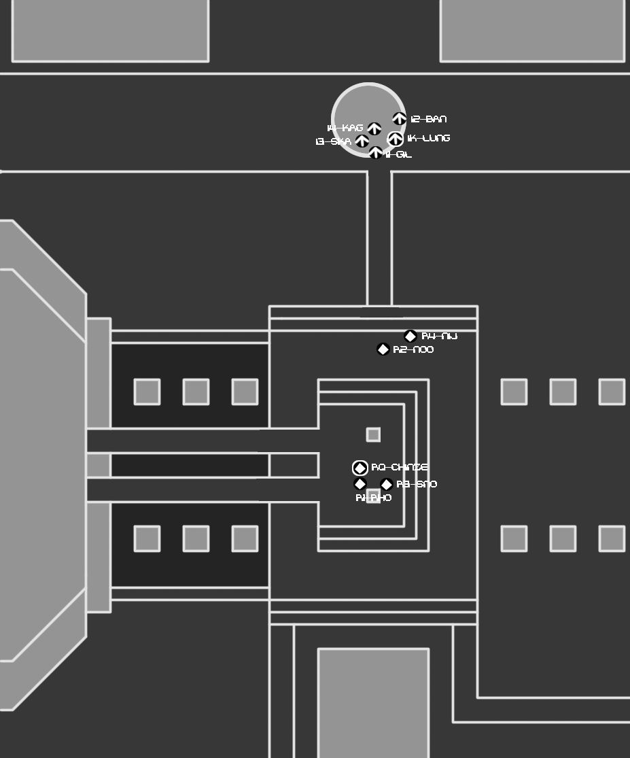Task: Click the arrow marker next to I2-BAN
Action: click(399, 119)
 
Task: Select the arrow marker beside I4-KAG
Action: click(374, 128)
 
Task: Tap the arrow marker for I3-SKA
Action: click(362, 141)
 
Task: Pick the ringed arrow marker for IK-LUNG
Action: click(395, 139)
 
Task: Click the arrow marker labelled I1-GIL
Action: click(376, 154)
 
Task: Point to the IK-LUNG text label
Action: click(429, 139)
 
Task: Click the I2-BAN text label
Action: click(429, 120)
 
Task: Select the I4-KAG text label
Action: click(345, 128)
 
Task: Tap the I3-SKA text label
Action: click(334, 142)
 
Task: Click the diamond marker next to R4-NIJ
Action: click(410, 337)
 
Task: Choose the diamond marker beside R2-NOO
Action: click(383, 349)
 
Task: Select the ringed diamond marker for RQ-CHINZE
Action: click(360, 468)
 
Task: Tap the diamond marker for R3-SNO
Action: click(387, 485)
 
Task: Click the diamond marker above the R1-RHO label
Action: click(360, 484)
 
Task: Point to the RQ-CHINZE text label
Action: click(400, 468)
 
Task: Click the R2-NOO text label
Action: click(413, 350)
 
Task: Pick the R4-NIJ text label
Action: click(440, 337)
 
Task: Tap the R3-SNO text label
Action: click(417, 485)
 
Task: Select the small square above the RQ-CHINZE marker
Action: click(373, 434)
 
